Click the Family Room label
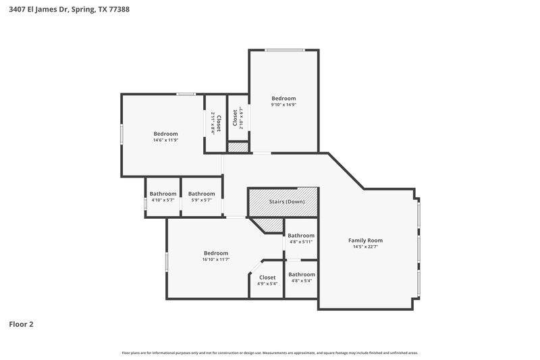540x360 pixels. click(365, 240)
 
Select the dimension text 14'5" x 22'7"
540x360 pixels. click(365, 247)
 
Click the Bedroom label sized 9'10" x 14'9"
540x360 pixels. click(283, 99)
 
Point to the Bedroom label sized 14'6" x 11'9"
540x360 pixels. click(165, 134)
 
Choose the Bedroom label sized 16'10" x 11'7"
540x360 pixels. click(216, 253)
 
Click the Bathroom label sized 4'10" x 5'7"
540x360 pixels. click(163, 194)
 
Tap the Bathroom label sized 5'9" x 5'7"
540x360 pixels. click(201, 194)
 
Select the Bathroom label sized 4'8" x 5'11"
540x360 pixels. click(301, 236)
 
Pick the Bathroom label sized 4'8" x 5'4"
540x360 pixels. click(301, 274)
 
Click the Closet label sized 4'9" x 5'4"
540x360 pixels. click(267, 278)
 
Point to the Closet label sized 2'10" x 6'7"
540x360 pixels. click(235, 119)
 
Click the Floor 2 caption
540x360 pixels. click(21, 324)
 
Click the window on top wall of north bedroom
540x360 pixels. click(283, 50)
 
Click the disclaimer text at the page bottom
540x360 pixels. click(270, 353)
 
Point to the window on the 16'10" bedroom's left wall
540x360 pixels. click(167, 261)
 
